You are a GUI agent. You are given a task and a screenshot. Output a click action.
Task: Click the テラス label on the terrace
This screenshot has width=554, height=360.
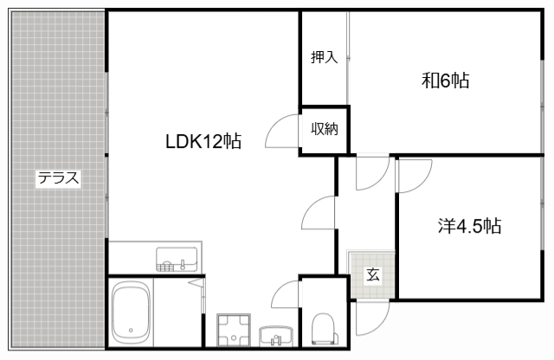pyautogui.click(x=58, y=179)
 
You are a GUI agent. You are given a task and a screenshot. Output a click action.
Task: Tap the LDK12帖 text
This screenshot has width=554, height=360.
pyautogui.click(x=203, y=140)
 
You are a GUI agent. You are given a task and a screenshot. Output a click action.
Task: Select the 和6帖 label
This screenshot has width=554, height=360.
pyautogui.click(x=446, y=81)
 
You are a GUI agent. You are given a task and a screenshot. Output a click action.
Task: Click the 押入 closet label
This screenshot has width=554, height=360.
pyautogui.click(x=325, y=58)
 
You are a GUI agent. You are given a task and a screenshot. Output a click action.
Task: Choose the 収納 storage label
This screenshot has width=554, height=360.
pyautogui.click(x=325, y=129)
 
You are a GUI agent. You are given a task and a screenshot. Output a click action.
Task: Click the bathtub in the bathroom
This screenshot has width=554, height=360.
pyautogui.click(x=132, y=312)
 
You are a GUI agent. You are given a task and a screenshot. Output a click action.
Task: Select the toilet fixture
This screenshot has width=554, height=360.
pyautogui.click(x=321, y=328)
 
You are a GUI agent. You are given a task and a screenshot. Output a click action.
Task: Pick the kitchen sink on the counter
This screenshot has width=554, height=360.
pyautogui.click(x=177, y=258)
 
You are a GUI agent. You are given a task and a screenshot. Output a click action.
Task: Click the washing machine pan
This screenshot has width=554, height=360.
pyautogui.click(x=232, y=329)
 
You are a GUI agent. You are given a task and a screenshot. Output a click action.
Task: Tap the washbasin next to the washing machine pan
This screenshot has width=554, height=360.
pyautogui.click(x=275, y=334)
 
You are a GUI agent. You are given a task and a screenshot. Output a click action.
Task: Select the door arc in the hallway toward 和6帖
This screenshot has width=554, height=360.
pyautogui.click(x=370, y=172)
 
